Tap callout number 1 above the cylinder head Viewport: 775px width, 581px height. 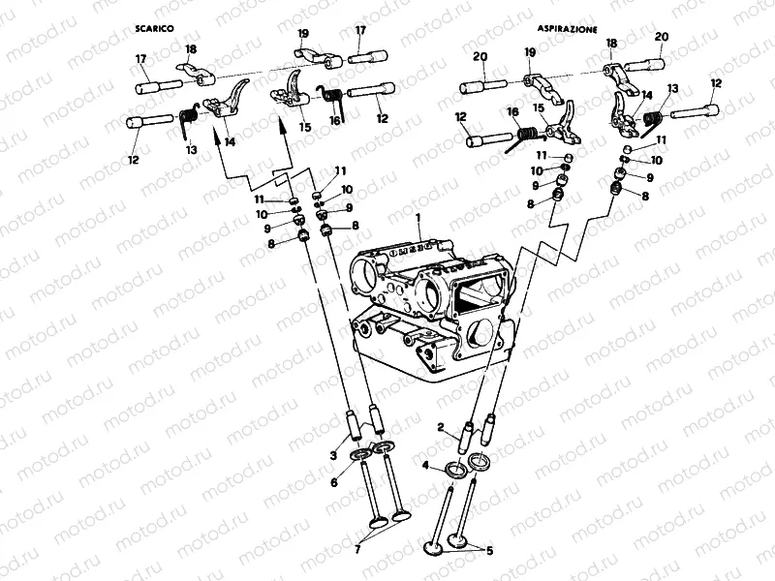[x=418, y=221]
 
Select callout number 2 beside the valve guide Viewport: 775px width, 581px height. [x=441, y=427]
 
